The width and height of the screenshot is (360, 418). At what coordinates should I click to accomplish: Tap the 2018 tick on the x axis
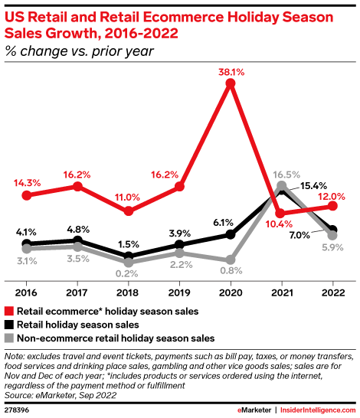pos(129,292)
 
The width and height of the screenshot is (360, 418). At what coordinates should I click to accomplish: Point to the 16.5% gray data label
pos(283,175)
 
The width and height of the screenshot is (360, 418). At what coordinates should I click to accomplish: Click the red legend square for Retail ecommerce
pos(8,312)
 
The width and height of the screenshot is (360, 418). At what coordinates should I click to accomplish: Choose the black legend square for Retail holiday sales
pos(8,325)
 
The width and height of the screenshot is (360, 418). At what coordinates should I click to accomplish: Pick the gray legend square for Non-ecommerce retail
pos(8,337)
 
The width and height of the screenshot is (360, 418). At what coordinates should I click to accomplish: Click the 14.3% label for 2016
pos(27,183)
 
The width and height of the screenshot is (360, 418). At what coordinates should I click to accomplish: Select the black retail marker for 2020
pos(230,234)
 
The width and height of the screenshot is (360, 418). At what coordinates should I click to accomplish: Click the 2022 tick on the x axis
pos(332,292)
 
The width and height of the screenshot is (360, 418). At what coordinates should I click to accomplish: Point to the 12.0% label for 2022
pos(332,194)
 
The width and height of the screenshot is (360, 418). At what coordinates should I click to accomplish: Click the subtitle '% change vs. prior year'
pos(79,52)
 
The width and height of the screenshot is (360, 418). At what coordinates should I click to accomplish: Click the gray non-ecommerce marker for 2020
pos(230,260)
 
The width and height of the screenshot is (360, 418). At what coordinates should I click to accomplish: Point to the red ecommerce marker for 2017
pos(77,186)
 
